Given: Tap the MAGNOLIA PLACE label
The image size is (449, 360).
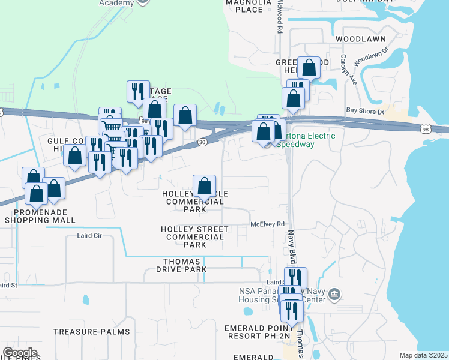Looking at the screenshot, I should pos(244,5).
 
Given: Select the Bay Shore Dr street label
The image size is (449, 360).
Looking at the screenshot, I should pos(364,111).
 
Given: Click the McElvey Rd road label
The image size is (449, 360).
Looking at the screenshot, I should pos(267,224).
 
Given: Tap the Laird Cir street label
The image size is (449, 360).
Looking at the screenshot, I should pos(89,236).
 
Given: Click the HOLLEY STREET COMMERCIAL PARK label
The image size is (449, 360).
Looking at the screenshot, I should pos(194,237).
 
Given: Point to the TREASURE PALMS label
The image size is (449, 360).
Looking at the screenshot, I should pos(91,332).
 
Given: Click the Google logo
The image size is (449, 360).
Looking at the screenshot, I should pos(20,353).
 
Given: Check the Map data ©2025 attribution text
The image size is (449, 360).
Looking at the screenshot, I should pos(423,355).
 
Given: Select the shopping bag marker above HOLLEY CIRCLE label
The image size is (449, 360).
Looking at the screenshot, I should pos(205,185).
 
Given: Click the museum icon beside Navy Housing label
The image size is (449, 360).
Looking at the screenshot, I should pos(335,295).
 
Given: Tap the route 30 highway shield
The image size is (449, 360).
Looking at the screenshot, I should pos(202,142).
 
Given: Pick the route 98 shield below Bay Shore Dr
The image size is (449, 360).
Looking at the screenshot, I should pos(425,129).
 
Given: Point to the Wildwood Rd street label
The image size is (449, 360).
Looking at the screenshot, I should pos(280,17).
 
